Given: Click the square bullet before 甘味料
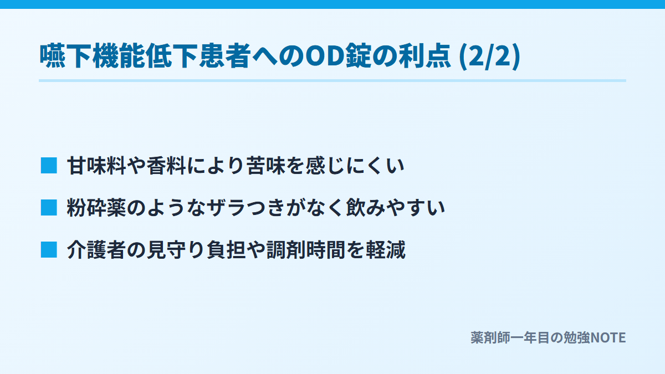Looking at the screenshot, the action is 49,165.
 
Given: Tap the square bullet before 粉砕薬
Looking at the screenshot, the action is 49,207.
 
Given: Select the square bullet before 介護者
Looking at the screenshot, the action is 49,250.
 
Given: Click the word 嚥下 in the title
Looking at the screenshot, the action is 65,56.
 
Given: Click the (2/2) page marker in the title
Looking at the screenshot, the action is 489,57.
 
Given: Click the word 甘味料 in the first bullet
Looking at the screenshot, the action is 97,165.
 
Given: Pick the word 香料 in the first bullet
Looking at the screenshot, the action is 167,165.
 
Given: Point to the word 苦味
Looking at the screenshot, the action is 266,165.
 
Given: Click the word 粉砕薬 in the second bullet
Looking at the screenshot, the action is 97,207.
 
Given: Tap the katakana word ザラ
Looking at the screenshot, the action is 226,207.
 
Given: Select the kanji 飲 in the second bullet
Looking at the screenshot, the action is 356,207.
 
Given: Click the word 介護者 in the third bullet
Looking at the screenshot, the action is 97,250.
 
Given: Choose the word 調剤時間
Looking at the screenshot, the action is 306,250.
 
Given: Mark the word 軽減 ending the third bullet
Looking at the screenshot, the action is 386,250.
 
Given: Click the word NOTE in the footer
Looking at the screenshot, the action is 608,338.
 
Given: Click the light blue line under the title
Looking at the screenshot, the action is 332,80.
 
